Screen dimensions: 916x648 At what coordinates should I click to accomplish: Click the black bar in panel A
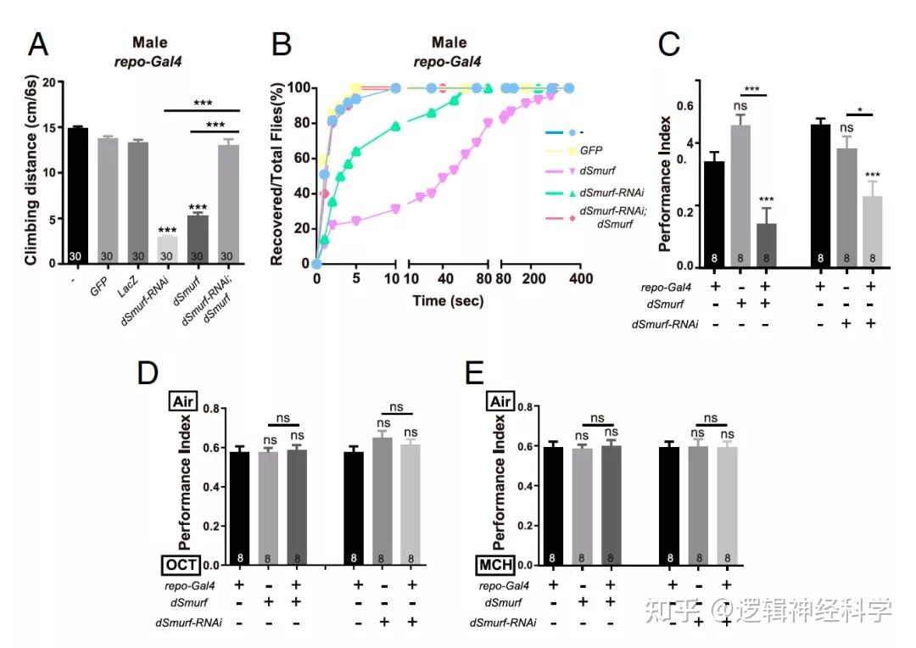[78, 196]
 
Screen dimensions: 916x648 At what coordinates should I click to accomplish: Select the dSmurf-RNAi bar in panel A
[167, 250]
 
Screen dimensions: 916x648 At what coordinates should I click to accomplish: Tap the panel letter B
[282, 44]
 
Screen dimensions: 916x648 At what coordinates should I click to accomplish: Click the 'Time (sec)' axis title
[448, 301]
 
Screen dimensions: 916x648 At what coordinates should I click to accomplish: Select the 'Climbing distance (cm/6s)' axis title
[31, 170]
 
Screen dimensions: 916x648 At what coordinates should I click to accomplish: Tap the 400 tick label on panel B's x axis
[581, 279]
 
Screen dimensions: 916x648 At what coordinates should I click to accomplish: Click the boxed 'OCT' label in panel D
[182, 565]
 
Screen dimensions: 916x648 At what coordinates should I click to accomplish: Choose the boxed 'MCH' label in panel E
[495, 565]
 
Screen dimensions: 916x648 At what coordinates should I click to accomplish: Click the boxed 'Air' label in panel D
[183, 401]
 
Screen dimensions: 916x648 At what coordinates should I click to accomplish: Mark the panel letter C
[669, 44]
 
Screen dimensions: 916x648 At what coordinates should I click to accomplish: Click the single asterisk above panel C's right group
[859, 110]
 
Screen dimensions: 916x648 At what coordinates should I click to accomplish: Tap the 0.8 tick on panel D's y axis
[211, 408]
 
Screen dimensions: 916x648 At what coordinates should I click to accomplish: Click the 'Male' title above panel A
[149, 42]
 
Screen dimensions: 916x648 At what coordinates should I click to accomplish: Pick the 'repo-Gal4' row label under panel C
[666, 287]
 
